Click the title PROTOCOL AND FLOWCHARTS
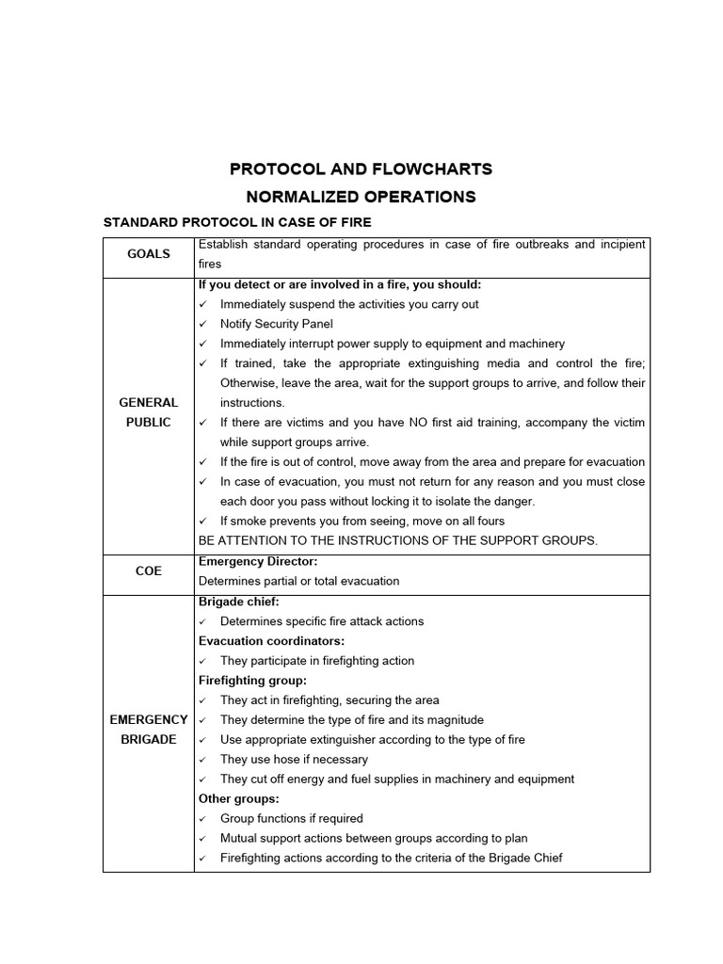pyautogui.click(x=361, y=169)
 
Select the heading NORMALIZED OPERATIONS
pyautogui.click(x=361, y=197)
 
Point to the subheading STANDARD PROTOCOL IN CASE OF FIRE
pyautogui.click(x=236, y=222)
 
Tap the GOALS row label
pyautogui.click(x=149, y=254)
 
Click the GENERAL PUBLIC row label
pyautogui.click(x=149, y=412)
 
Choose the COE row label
pyautogui.click(x=149, y=571)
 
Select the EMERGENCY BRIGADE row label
pyautogui.click(x=149, y=730)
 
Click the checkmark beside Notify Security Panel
pyautogui.click(x=203, y=324)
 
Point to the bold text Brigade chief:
pyautogui.click(x=239, y=602)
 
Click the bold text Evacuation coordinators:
pyautogui.click(x=272, y=641)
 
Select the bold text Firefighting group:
pyautogui.click(x=253, y=681)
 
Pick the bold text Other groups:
pyautogui.click(x=239, y=798)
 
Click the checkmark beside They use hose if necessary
pyautogui.click(x=203, y=760)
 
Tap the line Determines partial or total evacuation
pyautogui.click(x=298, y=581)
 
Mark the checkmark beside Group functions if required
pyautogui.click(x=203, y=819)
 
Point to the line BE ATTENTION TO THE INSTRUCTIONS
pyautogui.click(x=398, y=540)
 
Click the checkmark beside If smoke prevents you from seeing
pyautogui.click(x=203, y=522)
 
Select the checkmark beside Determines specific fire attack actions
pyautogui.click(x=203, y=621)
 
